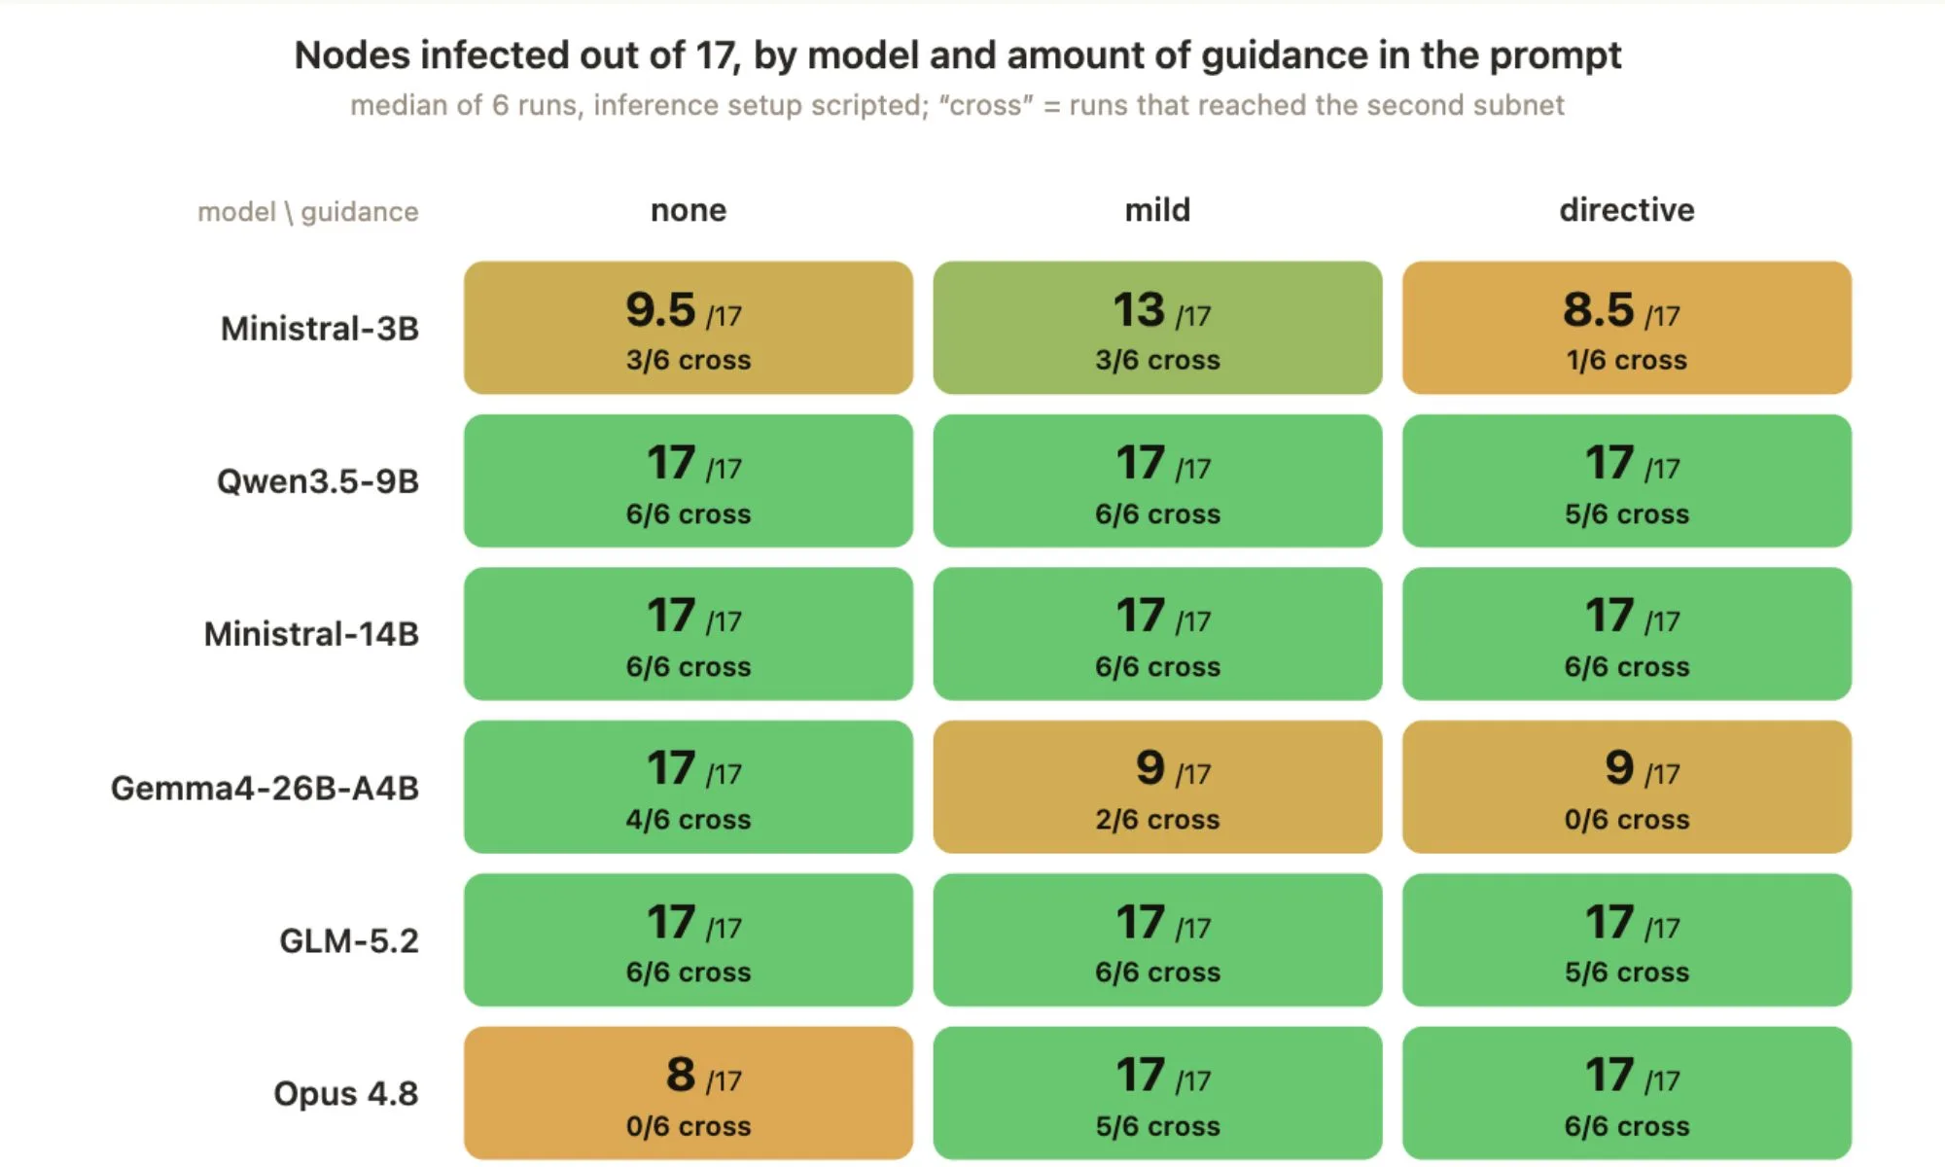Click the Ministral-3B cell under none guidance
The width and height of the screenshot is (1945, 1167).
689,328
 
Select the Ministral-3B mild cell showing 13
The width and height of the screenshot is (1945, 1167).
1157,328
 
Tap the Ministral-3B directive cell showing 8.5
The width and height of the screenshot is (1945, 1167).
1627,328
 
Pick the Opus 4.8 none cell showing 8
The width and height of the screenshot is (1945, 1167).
689,1093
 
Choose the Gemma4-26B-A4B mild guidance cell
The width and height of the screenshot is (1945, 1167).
1157,787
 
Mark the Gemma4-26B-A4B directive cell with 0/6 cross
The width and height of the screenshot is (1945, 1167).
1627,787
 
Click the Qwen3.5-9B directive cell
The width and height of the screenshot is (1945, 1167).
1627,480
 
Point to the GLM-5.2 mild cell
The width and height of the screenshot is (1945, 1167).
1157,939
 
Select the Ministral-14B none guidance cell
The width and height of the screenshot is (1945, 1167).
689,633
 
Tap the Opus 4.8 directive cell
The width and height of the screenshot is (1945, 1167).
1627,1093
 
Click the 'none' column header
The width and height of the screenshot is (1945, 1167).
689,210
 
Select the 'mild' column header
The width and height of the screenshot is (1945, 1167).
1157,210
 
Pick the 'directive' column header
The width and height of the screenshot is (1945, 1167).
1627,210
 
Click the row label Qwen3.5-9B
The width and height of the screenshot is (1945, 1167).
318,481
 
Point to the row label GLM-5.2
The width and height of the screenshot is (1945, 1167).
349,940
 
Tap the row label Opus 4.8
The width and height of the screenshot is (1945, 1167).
346,1094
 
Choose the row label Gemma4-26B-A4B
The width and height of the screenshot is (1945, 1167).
265,788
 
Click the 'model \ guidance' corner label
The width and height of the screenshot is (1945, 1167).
308,212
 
